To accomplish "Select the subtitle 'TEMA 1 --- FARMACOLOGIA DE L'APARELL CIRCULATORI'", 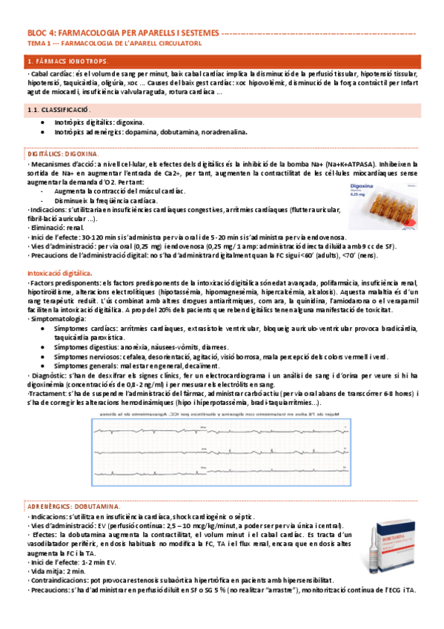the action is [x=114, y=43].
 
